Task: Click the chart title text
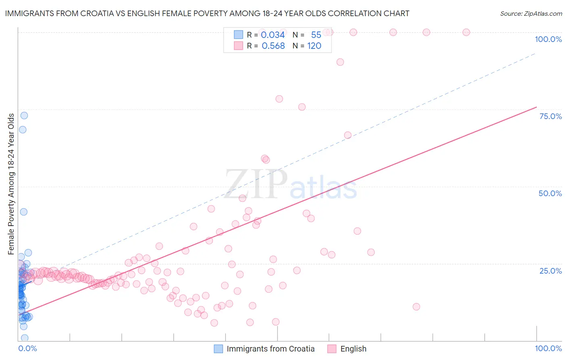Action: (x=207, y=13)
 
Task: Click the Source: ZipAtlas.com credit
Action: (x=531, y=13)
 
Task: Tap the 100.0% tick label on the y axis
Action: (x=548, y=39)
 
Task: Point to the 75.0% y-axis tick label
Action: (x=550, y=116)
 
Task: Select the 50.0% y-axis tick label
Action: (x=550, y=193)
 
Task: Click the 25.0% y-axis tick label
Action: (x=550, y=270)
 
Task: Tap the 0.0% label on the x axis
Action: (x=27, y=348)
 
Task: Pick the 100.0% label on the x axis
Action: (x=548, y=348)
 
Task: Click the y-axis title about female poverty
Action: (x=11, y=184)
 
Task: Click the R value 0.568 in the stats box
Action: (x=273, y=46)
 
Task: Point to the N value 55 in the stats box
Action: (x=316, y=35)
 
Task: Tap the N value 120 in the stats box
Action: (x=314, y=46)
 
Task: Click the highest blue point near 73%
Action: (x=24, y=115)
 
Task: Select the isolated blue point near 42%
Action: (x=24, y=212)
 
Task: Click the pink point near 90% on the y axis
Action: (x=340, y=62)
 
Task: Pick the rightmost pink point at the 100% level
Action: (x=466, y=32)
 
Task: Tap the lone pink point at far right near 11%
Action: (x=417, y=307)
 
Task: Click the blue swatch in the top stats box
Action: (x=239, y=35)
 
